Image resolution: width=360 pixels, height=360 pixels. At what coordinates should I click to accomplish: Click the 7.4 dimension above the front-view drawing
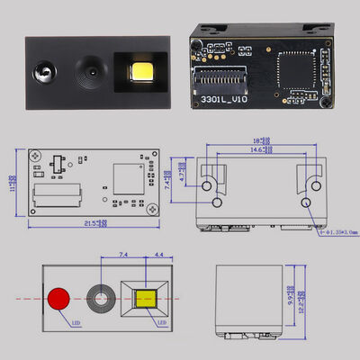[x=123, y=256]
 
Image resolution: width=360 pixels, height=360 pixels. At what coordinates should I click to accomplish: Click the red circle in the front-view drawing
[x=60, y=298]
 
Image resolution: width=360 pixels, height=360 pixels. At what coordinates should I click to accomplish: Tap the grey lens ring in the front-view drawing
[x=100, y=298]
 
